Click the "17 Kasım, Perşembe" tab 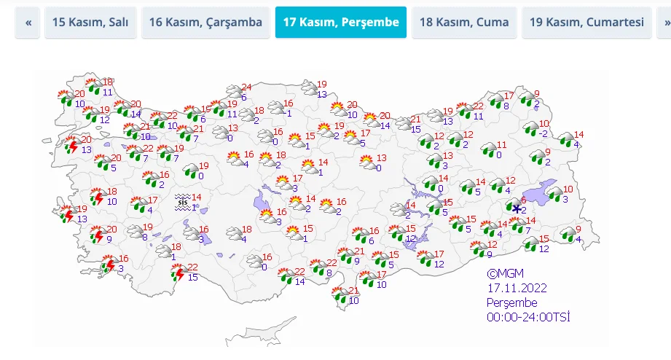click(340, 23)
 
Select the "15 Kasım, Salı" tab click(90, 23)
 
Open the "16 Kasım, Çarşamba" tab click(205, 23)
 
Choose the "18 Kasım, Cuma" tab click(464, 23)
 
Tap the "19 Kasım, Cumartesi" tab click(586, 23)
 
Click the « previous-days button click(28, 23)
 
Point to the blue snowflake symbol click(517, 210)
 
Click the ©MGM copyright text click(506, 274)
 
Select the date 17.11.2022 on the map click(517, 288)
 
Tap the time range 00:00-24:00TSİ click(528, 316)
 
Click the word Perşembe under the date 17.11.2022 click(512, 302)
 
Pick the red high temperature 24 click(246, 87)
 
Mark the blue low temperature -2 click(543, 134)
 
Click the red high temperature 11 click(501, 145)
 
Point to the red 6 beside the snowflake click(523, 200)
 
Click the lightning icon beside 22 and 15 click(178, 273)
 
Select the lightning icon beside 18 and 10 click(98, 197)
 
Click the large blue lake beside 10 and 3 click(541, 191)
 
